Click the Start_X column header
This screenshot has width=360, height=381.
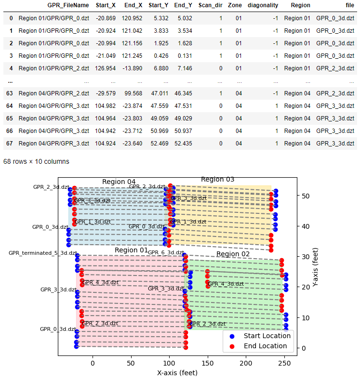[x=106, y=5]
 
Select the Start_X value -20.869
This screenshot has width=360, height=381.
[x=106, y=18]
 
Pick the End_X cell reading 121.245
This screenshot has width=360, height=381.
[x=131, y=56]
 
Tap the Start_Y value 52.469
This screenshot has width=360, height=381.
[x=157, y=144]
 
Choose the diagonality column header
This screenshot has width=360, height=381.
[x=263, y=5]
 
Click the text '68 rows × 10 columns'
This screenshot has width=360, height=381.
[x=36, y=161]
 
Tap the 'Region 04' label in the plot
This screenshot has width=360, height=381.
[x=119, y=182]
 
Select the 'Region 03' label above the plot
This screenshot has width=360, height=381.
[x=217, y=179]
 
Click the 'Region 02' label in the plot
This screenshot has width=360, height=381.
[x=233, y=254]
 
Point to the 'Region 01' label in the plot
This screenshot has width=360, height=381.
[x=131, y=250]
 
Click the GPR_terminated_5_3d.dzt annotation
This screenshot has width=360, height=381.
[x=43, y=253]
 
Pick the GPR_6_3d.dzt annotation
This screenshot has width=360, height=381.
[x=166, y=252]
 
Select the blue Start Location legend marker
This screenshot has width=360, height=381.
[x=232, y=336]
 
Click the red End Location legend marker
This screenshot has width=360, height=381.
[x=232, y=346]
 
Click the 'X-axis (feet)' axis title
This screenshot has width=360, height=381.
[x=177, y=372]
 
